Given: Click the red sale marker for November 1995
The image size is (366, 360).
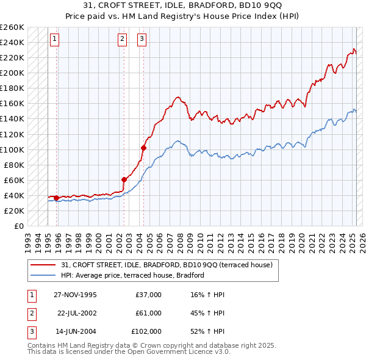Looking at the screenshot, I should [x=57, y=198].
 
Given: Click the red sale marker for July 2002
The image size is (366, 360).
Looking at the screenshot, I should [x=124, y=179].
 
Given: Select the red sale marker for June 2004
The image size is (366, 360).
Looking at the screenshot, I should [x=143, y=148].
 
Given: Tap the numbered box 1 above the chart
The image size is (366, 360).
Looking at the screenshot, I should [x=54, y=39].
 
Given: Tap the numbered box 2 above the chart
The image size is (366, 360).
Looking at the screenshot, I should [x=122, y=39].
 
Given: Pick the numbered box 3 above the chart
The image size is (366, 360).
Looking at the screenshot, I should [x=142, y=39].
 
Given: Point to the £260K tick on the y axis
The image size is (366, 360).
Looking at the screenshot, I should [x=12, y=27].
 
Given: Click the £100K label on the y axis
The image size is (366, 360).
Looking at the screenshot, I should [x=12, y=149].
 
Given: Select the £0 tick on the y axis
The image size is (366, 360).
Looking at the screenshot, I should [x=18, y=226].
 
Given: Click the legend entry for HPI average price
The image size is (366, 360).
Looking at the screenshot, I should [x=132, y=276].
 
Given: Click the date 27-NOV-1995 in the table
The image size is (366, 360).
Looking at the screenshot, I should [x=75, y=295].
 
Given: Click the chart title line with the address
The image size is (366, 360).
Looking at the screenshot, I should [x=182, y=7].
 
